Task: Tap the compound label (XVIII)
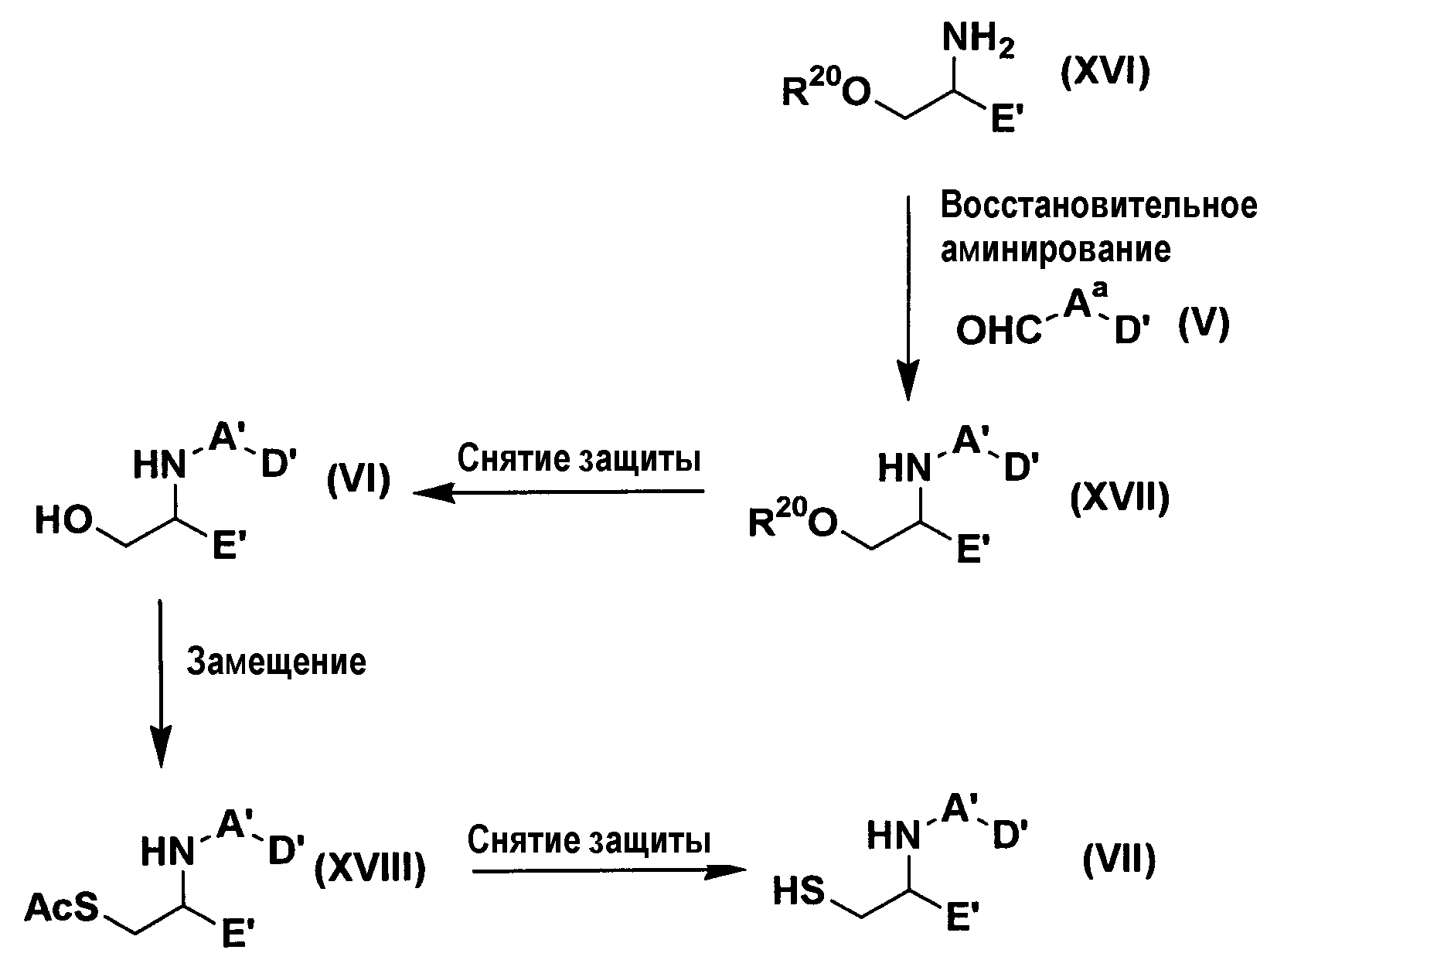[370, 870]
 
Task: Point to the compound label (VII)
[1119, 860]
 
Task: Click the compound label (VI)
[358, 481]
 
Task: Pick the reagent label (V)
[1204, 325]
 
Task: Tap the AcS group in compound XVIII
[62, 907]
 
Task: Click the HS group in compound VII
[800, 893]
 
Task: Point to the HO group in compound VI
[63, 521]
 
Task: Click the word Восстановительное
[1098, 206]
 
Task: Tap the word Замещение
[276, 662]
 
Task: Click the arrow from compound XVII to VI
[558, 492]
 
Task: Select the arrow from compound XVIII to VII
[609, 871]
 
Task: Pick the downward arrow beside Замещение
[160, 683]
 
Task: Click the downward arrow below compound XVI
[908, 298]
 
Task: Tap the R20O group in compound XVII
[793, 520]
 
